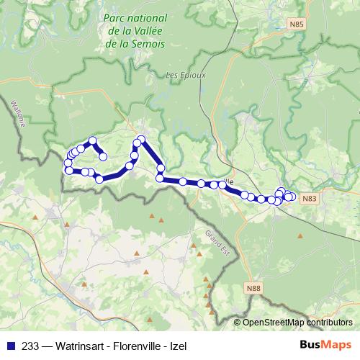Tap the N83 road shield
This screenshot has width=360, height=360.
pyautogui.click(x=309, y=198)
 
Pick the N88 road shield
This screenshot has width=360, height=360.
pyautogui.click(x=251, y=289)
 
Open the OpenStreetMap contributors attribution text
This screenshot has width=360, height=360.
pyautogui.click(x=297, y=323)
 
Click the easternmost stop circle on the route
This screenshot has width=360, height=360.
pyautogui.click(x=292, y=197)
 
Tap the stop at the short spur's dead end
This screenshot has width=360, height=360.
pyautogui.click(x=103, y=156)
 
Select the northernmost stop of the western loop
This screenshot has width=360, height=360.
pyautogui.click(x=92, y=140)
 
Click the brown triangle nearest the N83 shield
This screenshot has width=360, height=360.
pyautogui.click(x=299, y=235)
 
